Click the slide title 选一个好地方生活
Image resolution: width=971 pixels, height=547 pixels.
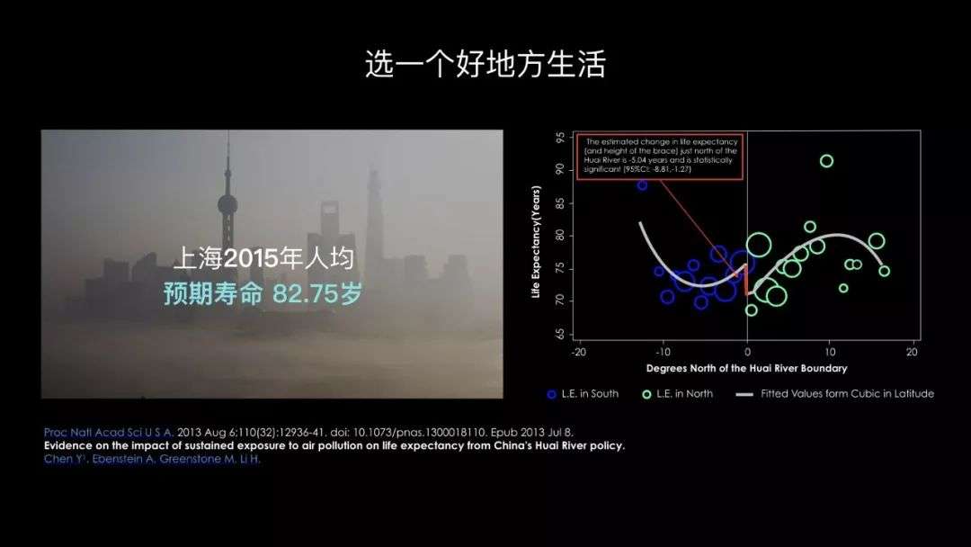click(485, 65)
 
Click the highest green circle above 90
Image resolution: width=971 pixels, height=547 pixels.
click(826, 161)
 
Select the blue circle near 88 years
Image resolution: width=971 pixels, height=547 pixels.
click(642, 185)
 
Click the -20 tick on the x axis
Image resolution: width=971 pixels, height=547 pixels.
click(579, 353)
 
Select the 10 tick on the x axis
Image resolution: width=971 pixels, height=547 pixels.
click(830, 353)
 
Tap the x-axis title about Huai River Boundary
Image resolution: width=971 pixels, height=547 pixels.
click(746, 369)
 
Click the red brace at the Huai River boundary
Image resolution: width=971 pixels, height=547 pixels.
click(746, 280)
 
